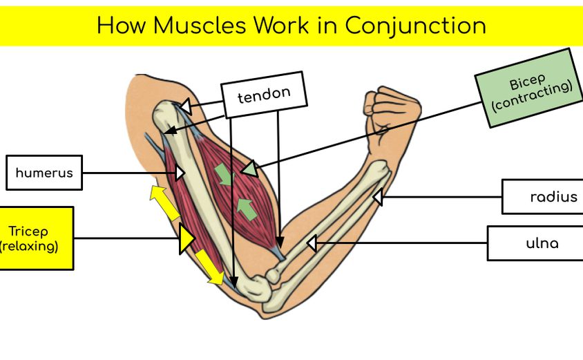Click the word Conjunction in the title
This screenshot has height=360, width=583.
[x=415, y=26]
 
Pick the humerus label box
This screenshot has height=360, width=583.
[x=44, y=173]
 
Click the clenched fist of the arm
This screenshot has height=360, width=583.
[x=391, y=108]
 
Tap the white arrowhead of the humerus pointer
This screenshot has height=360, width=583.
[x=180, y=172]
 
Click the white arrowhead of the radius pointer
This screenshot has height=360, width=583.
[x=378, y=198]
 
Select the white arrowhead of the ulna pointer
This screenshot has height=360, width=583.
[x=312, y=243]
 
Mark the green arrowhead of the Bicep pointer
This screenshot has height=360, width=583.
[x=249, y=169]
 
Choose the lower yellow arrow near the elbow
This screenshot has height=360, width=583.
[x=209, y=267]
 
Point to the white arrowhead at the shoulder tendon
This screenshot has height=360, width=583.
[x=184, y=106]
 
